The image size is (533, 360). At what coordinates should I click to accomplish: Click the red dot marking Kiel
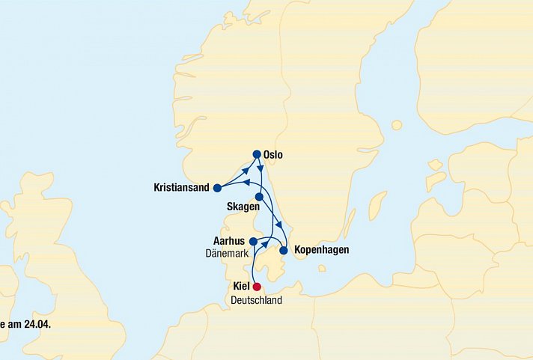257,286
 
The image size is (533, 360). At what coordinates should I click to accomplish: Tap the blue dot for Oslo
257,154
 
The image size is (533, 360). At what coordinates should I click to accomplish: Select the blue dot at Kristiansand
217,188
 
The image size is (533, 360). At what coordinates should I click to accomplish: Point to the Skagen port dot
258,197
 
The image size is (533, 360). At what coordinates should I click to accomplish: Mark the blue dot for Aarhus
253,242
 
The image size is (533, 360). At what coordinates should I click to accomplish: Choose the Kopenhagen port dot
283,250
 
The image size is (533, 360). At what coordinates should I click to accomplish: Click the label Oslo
274,155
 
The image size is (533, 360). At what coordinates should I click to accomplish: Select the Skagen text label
243,206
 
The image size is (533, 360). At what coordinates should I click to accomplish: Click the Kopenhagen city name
321,249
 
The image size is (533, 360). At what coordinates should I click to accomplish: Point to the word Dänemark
227,254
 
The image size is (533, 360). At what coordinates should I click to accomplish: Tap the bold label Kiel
242,287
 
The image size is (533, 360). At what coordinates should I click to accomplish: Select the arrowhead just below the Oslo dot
260,168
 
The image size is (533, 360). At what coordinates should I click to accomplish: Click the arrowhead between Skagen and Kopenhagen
278,225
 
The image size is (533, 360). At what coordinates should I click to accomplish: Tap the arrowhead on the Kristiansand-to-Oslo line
245,171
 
